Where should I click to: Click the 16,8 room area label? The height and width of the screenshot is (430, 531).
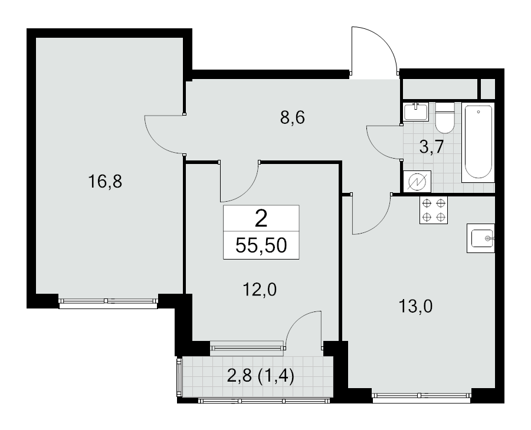click(104, 182)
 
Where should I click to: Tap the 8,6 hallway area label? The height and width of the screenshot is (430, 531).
click(293, 118)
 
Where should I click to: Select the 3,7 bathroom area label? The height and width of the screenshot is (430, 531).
click(431, 147)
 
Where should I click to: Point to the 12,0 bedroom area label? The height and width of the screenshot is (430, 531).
click(260, 290)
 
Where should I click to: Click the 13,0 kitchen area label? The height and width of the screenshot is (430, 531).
click(415, 307)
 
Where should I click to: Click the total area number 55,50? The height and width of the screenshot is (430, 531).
click(261, 245)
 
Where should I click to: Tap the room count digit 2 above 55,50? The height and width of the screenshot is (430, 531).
click(261, 219)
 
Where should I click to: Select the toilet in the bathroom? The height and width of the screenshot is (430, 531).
click(444, 118)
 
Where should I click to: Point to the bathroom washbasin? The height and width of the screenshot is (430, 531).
click(416, 111)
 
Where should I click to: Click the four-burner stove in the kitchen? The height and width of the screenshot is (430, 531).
click(434, 210)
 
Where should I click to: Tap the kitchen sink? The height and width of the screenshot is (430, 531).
click(481, 238)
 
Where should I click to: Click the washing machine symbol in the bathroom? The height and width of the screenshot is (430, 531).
click(417, 182)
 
